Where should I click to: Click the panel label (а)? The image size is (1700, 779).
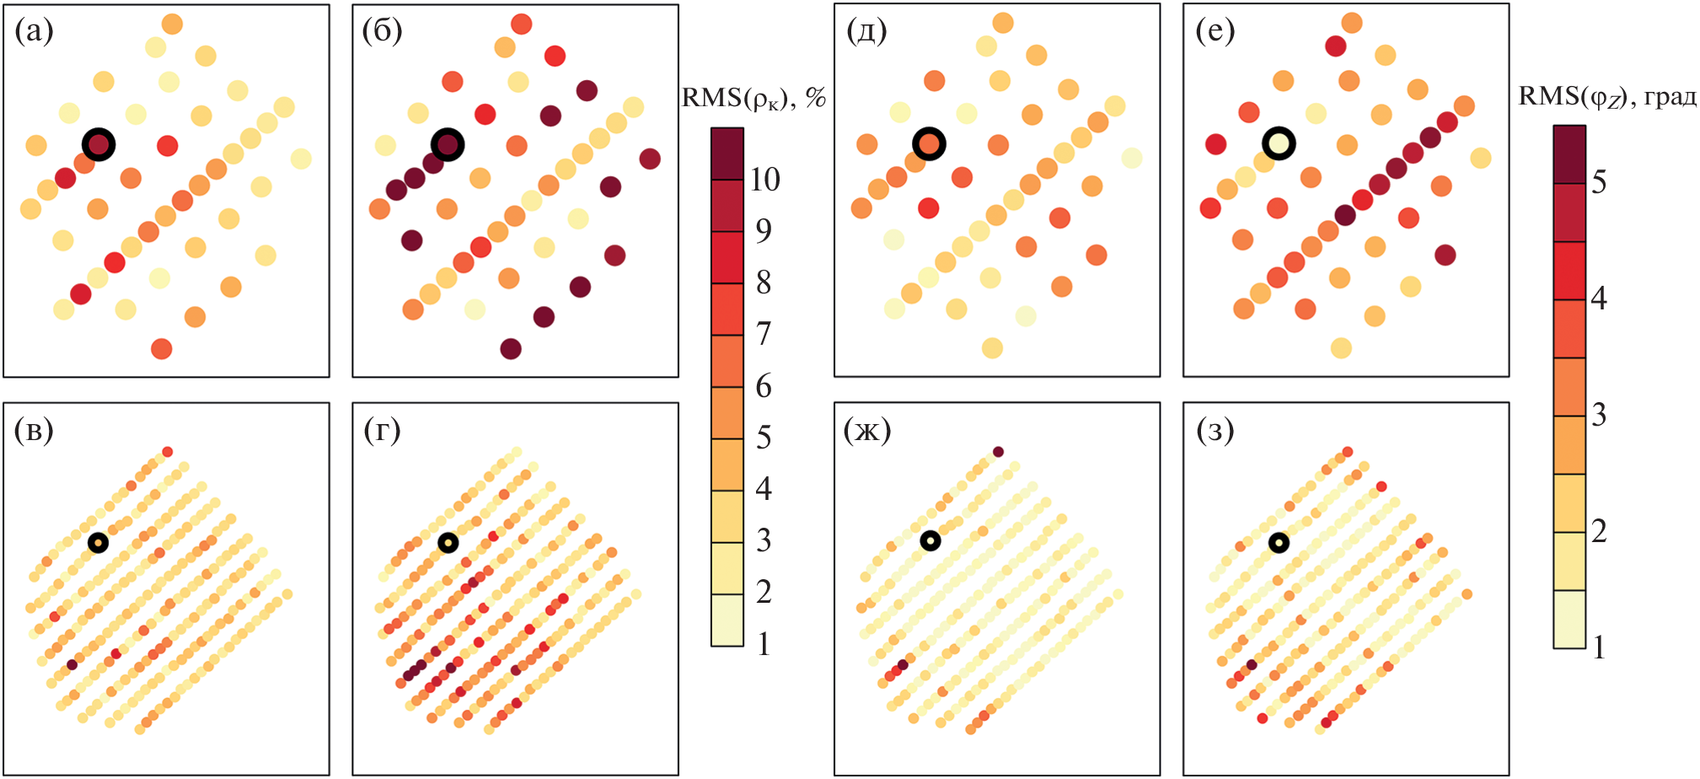pyautogui.click(x=34, y=31)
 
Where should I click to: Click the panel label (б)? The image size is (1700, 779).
pyautogui.click(x=382, y=31)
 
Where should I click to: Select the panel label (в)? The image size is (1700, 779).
pyautogui.click(x=34, y=430)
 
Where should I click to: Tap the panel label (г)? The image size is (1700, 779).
pyautogui.click(x=382, y=430)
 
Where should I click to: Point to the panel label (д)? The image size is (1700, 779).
pyautogui.click(x=866, y=31)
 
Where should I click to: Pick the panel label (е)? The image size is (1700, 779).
pyautogui.click(x=1215, y=31)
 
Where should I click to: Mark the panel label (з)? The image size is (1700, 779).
pyautogui.click(x=1215, y=430)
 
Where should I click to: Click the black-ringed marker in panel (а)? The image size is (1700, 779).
pyautogui.click(x=99, y=144)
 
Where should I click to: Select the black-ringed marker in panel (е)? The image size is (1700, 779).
pyautogui.click(x=1279, y=143)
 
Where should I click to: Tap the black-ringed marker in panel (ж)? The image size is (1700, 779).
pyautogui.click(x=930, y=540)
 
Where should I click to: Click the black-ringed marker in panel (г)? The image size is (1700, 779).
pyautogui.click(x=448, y=543)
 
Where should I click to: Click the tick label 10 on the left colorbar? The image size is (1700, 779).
pyautogui.click(x=764, y=180)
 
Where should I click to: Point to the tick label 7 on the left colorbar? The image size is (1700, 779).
pyautogui.click(x=764, y=334)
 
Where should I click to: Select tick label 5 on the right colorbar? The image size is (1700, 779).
pyautogui.click(x=1599, y=182)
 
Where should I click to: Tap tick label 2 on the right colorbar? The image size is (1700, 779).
pyautogui.click(x=1599, y=531)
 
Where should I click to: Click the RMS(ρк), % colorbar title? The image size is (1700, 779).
pyautogui.click(x=753, y=99)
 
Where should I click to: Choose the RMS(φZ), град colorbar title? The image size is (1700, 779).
pyautogui.click(x=1607, y=97)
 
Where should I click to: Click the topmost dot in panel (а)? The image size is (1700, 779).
pyautogui.click(x=172, y=24)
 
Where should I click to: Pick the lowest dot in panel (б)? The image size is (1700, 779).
pyautogui.click(x=511, y=348)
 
